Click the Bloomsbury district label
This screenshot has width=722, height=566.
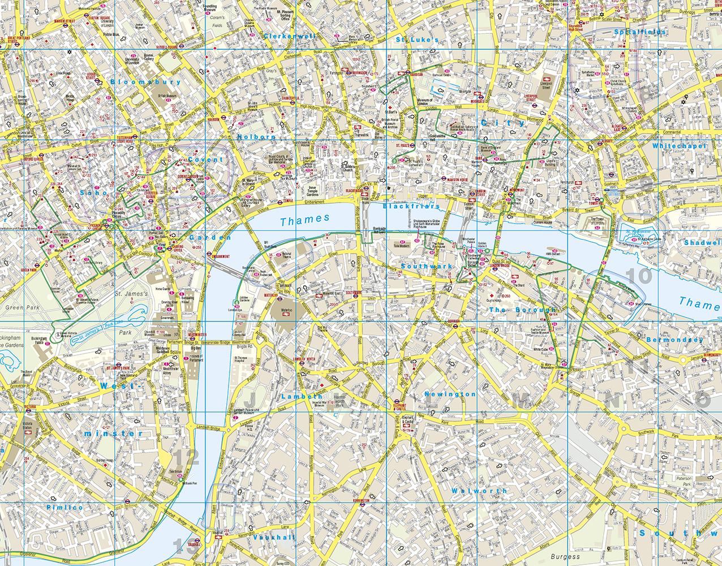point(146,82)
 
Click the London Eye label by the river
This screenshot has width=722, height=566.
point(236,310)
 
